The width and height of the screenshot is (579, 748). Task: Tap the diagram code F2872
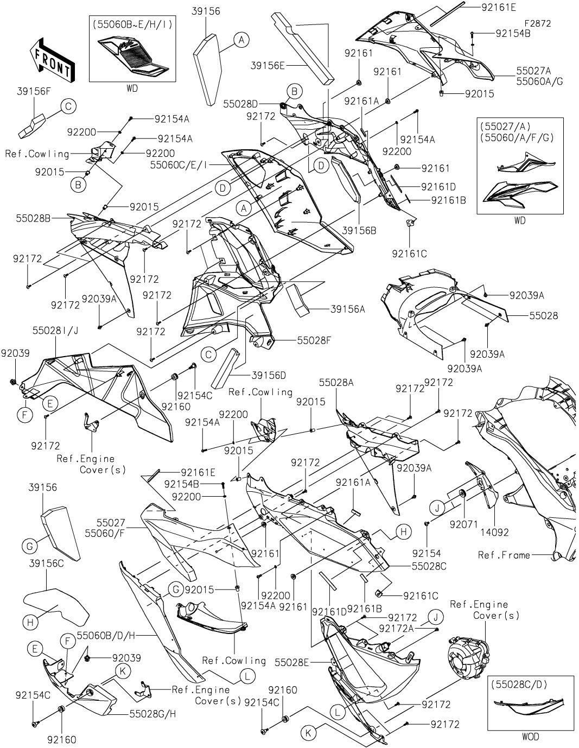pos(538,23)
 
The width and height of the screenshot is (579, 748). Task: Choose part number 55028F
pos(313,340)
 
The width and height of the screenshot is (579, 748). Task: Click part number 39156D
pos(269,375)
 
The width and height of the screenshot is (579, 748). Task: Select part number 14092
pos(495,533)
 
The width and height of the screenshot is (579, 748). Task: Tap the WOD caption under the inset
pos(530,737)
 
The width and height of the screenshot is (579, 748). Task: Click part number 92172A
pos(397,628)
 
